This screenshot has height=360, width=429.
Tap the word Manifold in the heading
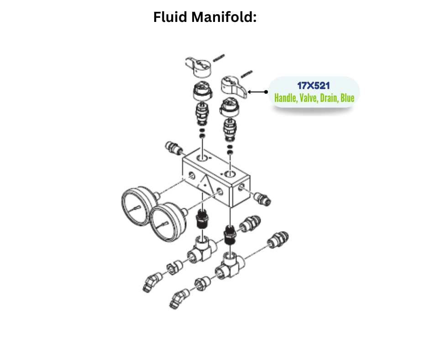pos(224,17)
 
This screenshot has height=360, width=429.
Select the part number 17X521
pos(313,85)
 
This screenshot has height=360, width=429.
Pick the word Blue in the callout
pos(347,97)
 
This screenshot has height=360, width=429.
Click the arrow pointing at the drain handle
pos(258,91)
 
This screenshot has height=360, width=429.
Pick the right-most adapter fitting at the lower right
pos(278,240)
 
